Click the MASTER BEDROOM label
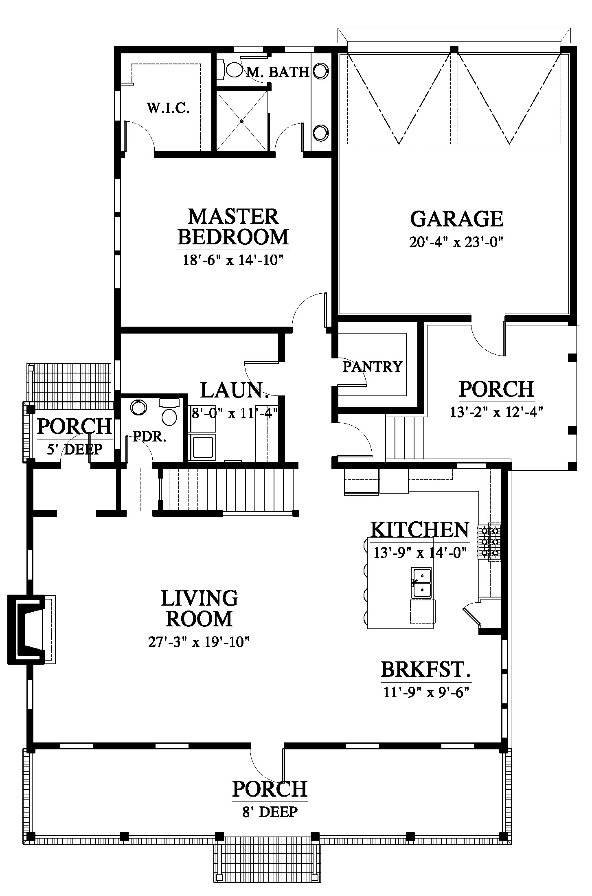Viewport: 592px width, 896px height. tap(233, 226)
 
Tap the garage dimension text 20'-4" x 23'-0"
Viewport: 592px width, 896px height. tap(456, 242)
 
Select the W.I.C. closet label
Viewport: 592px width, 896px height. tap(168, 108)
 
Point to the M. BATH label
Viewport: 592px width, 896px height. tap(278, 72)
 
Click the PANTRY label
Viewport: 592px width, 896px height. tap(372, 367)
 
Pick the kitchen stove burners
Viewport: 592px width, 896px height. tap(490, 542)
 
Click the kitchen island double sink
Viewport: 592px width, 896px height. tap(421, 583)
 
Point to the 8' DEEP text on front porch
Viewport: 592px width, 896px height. tap(270, 812)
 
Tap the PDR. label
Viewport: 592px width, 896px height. tap(150, 437)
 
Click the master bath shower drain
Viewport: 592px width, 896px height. tap(241, 121)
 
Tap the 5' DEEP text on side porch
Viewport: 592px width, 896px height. tap(75, 450)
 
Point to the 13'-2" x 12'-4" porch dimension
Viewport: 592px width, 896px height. tap(497, 412)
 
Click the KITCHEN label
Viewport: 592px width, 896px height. tap(420, 529)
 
